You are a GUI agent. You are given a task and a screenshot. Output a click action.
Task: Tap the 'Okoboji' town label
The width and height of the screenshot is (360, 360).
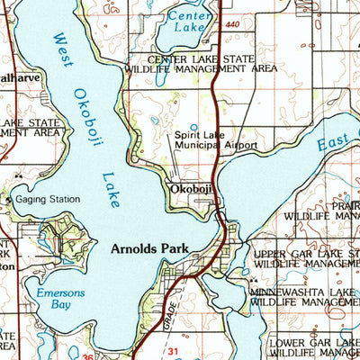(x=190, y=189)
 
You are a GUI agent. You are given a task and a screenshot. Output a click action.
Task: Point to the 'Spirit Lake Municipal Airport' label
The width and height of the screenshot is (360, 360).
(x=216, y=139)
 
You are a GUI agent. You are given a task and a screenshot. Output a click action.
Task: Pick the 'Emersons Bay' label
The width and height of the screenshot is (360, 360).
(x=58, y=299)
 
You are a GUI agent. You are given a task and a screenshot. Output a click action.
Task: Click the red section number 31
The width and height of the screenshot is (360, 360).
(x=175, y=351)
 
